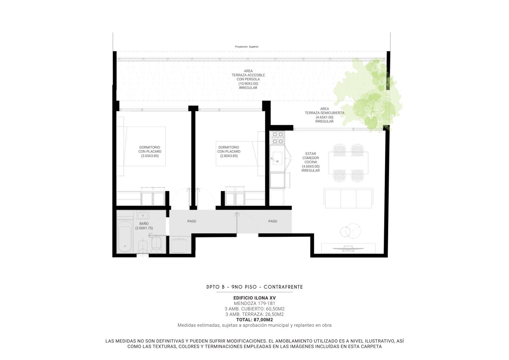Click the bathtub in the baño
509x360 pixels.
click(125, 236)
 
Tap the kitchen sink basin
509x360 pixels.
click(277, 158)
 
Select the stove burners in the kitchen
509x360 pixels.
click(277, 138)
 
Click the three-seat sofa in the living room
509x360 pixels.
click(348, 198)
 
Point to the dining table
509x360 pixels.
click(348, 163)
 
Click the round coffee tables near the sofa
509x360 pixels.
click(350, 231)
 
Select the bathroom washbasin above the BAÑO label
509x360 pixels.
click(143, 215)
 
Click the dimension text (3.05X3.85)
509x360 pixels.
click(150, 156)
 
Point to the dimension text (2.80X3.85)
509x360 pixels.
click(229, 156)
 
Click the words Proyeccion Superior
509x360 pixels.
click(246, 47)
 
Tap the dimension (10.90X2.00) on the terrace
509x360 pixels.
click(248, 83)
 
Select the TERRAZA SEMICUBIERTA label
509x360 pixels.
click(324, 113)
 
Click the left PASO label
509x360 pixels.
click(192, 221)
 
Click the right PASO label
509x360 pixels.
click(273, 221)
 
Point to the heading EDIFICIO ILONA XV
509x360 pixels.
click(255, 298)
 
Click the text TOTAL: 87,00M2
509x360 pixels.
click(255, 320)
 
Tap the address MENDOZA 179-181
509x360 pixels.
click(255, 303)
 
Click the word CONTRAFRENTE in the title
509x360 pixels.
click(283, 287)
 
